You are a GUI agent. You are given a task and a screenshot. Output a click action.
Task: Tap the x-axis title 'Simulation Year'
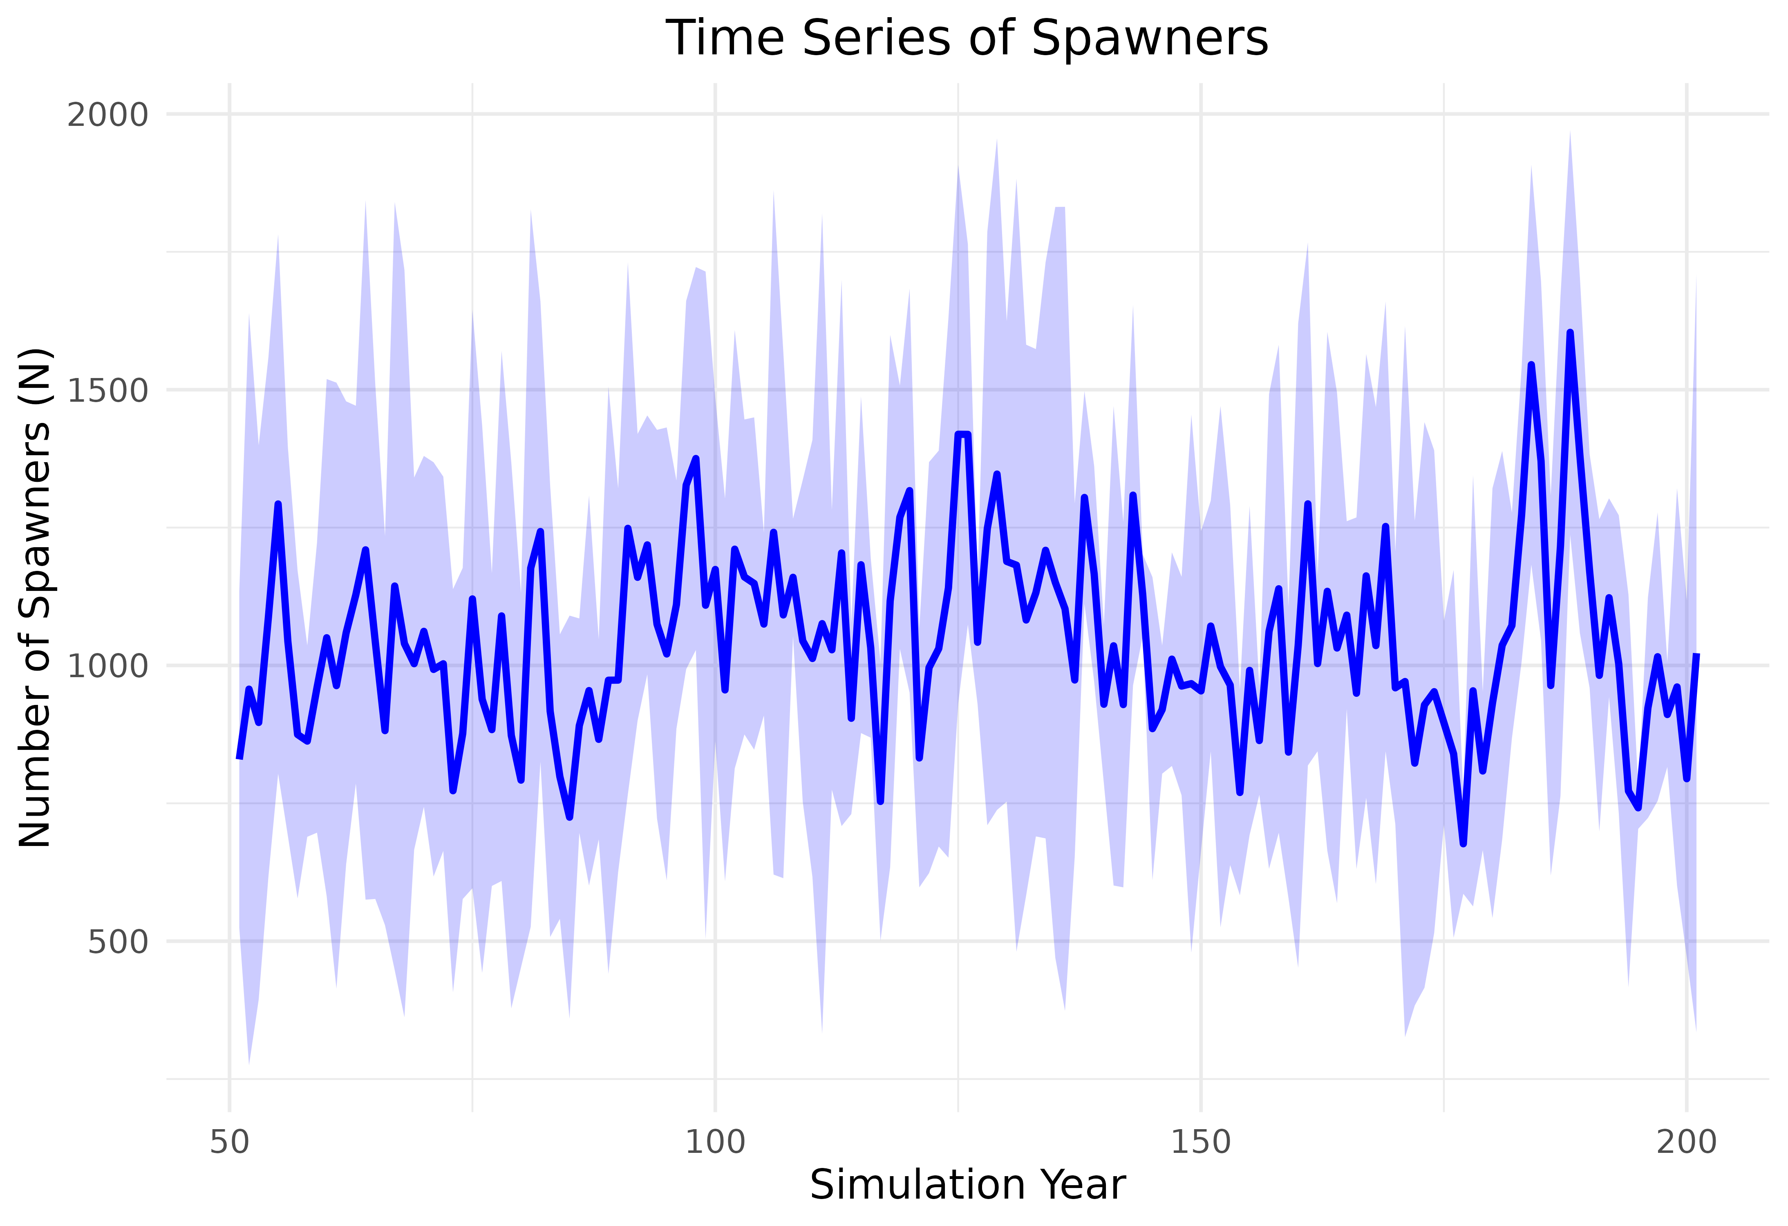(967, 1184)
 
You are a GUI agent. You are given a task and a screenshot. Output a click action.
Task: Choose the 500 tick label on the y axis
(117, 942)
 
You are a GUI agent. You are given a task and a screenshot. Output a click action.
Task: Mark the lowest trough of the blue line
(1464, 844)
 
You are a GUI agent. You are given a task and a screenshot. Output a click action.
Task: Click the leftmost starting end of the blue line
(239, 758)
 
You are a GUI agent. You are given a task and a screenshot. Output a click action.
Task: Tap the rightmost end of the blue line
(1696, 655)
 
